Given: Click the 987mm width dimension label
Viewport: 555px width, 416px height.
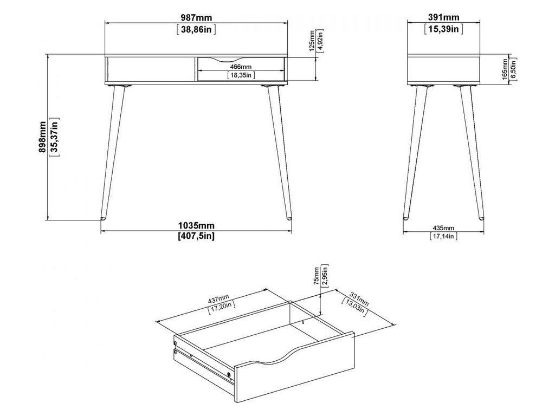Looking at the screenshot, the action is pos(196,17).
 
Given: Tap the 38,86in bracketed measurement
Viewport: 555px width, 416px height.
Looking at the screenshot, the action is pos(196,29).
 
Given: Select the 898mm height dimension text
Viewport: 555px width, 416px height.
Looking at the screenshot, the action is pos(42,137).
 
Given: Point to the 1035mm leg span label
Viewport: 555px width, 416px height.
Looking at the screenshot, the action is pos(196,225).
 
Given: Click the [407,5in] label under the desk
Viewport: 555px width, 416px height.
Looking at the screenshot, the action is pos(196,236).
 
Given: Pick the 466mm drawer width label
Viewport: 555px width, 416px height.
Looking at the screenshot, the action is pos(241,67).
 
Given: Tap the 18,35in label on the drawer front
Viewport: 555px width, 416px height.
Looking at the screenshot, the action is pos(241,75).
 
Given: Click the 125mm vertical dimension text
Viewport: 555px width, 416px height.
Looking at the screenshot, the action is pos(312,41).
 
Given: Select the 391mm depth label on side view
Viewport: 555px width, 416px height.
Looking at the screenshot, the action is pos(443,17).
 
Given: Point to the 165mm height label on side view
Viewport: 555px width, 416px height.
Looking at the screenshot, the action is pos(506,70).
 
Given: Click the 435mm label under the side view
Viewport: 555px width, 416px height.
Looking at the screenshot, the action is pos(443,228).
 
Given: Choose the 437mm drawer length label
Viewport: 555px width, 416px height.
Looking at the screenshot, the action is pos(218,299).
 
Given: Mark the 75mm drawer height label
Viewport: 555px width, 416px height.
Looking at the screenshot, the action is pos(316,276).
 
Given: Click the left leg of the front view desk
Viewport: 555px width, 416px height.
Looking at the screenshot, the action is pos(113,153).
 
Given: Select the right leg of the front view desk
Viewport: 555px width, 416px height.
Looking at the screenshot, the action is pos(280,153).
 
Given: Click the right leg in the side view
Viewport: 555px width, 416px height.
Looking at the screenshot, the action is pos(472,153).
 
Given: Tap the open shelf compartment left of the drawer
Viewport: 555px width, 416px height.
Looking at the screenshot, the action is pos(151,69).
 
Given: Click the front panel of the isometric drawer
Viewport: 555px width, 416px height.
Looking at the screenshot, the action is pos(294,368).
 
